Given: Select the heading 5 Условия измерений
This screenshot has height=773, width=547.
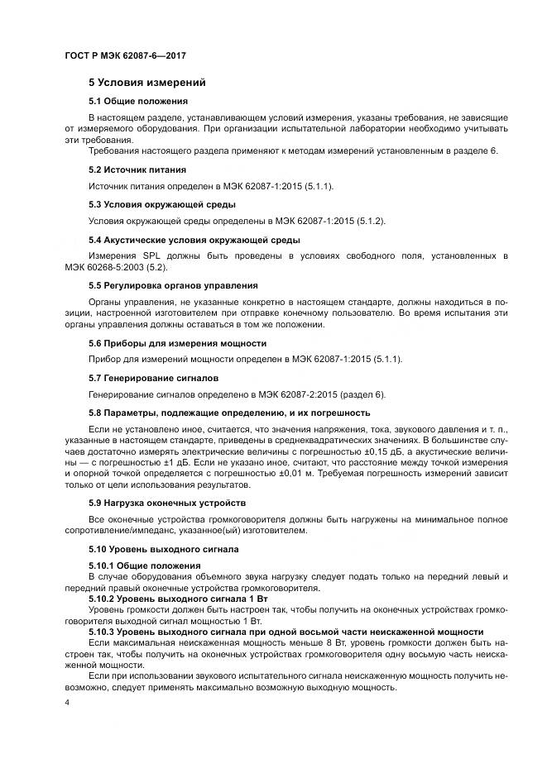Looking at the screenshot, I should pos(147,83).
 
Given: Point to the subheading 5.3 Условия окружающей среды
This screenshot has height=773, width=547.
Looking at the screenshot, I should pos(161,203).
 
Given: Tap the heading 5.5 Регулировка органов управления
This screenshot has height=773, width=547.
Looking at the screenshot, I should pos(171,285).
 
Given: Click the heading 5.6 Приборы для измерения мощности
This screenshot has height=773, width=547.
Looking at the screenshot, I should pos(177,342).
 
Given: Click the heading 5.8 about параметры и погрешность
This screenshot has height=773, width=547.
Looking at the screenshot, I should pos(229,412).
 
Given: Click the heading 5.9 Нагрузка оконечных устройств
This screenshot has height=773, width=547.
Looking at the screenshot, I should pos(167,502).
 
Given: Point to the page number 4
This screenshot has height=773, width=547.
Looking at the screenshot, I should pos(66,702).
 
